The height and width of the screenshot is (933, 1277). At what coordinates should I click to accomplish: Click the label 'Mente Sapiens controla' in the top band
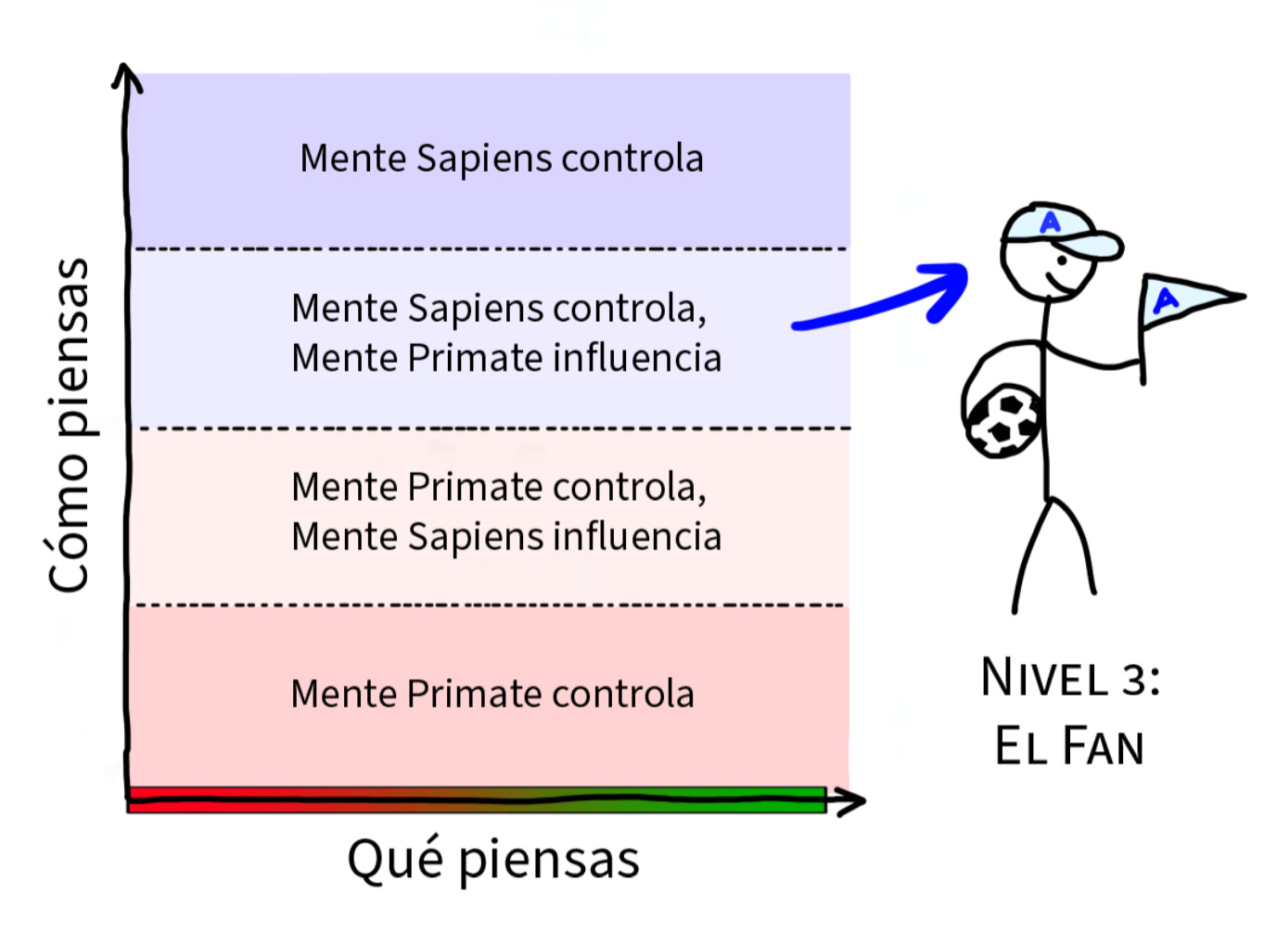point(502,159)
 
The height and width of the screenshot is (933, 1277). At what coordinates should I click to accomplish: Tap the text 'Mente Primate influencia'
point(506,358)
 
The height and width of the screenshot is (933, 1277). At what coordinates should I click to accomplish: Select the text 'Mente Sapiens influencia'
point(506,537)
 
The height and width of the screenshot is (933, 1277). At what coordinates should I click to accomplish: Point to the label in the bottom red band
point(492,694)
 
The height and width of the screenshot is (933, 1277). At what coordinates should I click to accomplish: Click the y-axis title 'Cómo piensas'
point(70,425)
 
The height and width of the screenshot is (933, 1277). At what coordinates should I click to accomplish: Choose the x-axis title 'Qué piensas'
point(493,859)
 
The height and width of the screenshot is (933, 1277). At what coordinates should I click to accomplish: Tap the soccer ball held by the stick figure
point(1002,421)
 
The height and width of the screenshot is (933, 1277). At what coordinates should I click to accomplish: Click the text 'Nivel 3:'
point(1070,678)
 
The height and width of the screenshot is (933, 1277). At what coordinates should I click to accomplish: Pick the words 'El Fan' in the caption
point(1069,747)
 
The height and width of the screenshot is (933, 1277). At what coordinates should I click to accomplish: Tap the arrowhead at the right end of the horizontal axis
point(849,800)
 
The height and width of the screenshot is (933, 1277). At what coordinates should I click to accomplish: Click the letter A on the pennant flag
point(1164,300)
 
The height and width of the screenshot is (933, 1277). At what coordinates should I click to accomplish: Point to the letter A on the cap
point(1050,223)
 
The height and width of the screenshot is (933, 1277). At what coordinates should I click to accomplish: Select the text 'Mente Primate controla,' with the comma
point(499,487)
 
